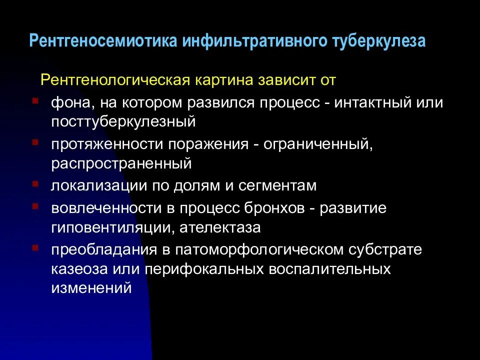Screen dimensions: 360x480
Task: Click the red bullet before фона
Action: point(34,100)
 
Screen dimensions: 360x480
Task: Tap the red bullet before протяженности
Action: point(34,142)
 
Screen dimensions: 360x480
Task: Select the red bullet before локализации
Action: point(34,184)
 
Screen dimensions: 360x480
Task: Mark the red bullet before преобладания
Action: point(34,247)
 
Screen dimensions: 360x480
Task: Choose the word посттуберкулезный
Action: point(122,121)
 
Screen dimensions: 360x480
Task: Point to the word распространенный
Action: point(121,163)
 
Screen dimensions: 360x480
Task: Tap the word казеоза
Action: point(76,269)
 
